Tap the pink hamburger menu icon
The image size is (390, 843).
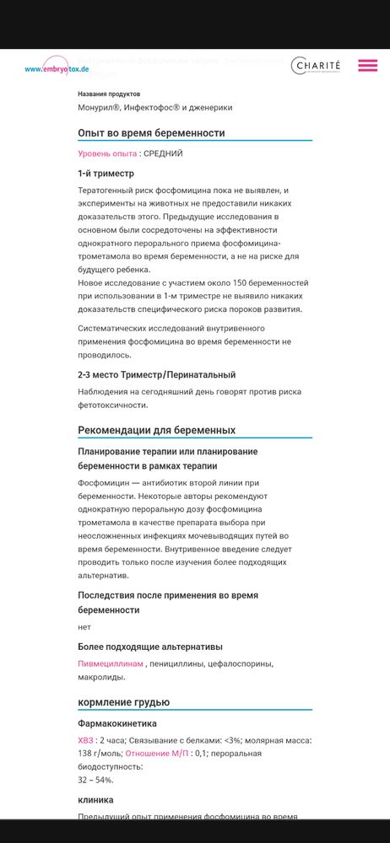pyautogui.click(x=367, y=66)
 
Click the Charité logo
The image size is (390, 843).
pyautogui.click(x=317, y=66)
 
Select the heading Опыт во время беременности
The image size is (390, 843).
pyautogui.click(x=151, y=133)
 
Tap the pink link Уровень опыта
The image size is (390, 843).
pyautogui.click(x=107, y=153)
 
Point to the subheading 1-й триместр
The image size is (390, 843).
pyautogui.click(x=106, y=174)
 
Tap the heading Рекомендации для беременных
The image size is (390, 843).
pyautogui.click(x=156, y=431)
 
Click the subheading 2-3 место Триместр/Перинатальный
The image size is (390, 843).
pyautogui.click(x=156, y=374)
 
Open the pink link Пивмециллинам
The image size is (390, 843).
pyautogui.click(x=110, y=664)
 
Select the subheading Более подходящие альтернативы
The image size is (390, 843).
pyautogui.click(x=150, y=647)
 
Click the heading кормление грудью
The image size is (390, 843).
pyautogui.click(x=123, y=702)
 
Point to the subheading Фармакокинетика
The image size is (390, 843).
pyautogui.click(x=116, y=723)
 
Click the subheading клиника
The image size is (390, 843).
pyautogui.click(x=95, y=799)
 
